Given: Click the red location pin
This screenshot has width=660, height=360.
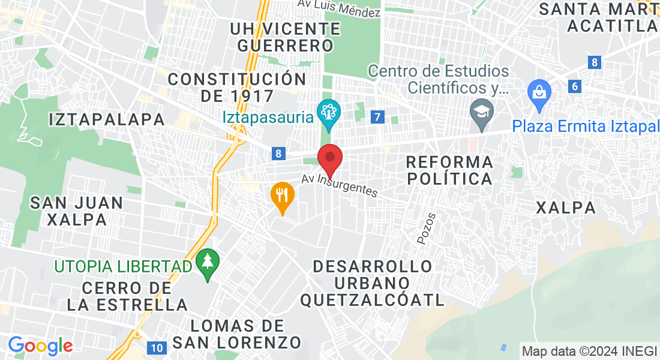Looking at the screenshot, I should click(329, 158).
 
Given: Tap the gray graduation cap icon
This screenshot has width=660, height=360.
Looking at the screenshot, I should click(481, 112).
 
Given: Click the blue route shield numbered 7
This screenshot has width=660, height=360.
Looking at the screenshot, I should click(377, 117).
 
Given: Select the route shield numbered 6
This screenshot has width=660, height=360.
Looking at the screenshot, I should click(575, 86).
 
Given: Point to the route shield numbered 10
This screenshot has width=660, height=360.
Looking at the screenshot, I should click(157, 347).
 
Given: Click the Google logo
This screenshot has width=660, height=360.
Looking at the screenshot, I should click(40, 346).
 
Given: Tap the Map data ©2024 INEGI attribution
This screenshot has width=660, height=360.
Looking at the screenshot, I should click(589, 352).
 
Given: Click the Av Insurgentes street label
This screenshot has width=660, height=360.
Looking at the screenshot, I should click(340, 185).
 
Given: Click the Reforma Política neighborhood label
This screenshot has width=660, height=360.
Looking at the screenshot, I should click(449, 170).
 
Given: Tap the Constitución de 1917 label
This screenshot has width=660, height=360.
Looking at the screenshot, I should click(237, 88).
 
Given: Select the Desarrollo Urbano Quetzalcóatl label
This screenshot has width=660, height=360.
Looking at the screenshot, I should click(373, 283).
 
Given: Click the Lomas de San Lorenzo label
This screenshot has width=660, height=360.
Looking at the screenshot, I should click(236, 335).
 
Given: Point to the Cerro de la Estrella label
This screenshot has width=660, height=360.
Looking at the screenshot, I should click(127, 296).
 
